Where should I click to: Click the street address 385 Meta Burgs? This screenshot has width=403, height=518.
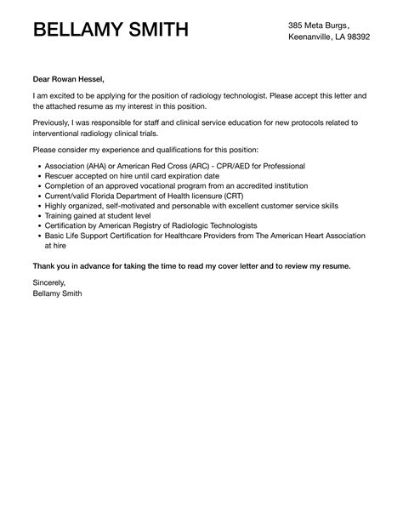(319, 25)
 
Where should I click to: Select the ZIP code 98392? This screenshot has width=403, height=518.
(354, 38)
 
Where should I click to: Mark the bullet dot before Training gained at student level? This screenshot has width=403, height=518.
(35, 216)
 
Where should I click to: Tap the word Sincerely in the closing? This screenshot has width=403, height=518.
(48, 281)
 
